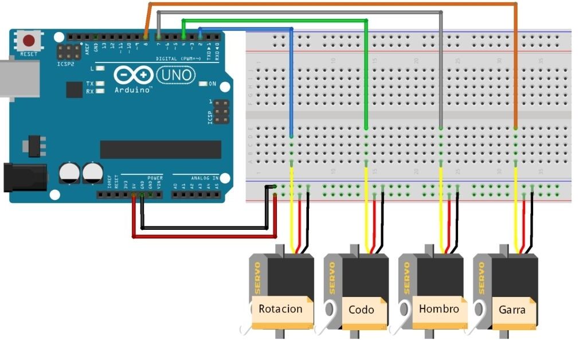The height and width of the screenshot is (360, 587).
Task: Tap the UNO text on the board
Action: click(175, 75)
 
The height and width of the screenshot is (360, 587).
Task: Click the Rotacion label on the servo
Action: click(280, 309)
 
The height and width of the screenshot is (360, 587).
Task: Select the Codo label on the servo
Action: click(361, 310)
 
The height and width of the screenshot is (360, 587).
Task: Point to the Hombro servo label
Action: click(439, 309)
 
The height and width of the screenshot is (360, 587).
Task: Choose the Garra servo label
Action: click(512, 310)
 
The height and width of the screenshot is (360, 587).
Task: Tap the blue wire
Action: click(292, 80)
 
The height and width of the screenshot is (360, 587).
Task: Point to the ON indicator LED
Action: click(203, 84)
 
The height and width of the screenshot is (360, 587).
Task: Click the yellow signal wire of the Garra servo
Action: click(516, 218)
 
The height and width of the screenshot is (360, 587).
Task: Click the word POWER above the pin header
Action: click(155, 178)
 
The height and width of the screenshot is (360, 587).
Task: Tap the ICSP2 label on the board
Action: click(65, 64)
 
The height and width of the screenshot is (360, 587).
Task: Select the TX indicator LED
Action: click(100, 84)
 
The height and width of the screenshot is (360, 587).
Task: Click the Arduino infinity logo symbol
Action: click(133, 75)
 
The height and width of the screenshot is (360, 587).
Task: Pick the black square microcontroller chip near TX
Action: click(74, 89)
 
